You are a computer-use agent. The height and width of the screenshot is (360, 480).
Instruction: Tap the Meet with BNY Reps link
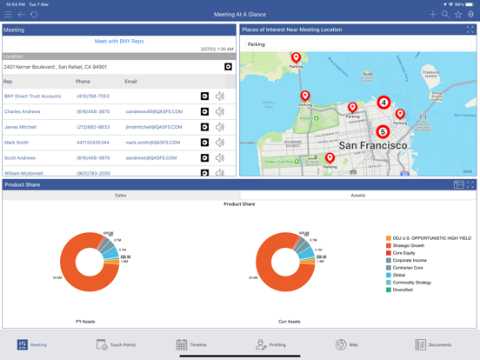pyautogui.click(x=119, y=41)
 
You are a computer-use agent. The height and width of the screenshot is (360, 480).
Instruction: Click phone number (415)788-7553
pyautogui.click(x=93, y=97)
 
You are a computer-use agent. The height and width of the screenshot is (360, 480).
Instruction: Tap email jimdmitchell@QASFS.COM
pyautogui.click(x=153, y=127)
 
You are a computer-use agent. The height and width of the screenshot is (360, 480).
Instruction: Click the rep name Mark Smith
pyautogui.click(x=17, y=143)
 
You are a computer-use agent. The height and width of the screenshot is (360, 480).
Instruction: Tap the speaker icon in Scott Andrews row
pyautogui.click(x=220, y=158)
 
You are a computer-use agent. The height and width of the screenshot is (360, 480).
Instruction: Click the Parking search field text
pyautogui.click(x=257, y=44)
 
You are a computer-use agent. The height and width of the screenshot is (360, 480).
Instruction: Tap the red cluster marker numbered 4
pyautogui.click(x=383, y=103)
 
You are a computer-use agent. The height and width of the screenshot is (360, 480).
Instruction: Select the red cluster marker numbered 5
pyautogui.click(x=383, y=132)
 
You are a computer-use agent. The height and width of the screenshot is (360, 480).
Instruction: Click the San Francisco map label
pyautogui.click(x=372, y=146)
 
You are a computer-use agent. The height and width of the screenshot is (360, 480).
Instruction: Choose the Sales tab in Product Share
pyautogui.click(x=121, y=196)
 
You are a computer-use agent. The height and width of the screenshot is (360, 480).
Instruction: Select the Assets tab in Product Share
pyautogui.click(x=357, y=196)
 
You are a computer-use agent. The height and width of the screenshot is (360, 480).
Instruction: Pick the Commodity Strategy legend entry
pyautogui.click(x=412, y=283)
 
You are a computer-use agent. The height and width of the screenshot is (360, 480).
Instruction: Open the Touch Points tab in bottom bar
pyautogui.click(x=116, y=345)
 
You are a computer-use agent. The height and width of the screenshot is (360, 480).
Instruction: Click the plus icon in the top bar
pyautogui.click(x=432, y=15)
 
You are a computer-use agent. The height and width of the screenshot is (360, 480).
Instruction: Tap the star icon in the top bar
pyautogui.click(x=458, y=15)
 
